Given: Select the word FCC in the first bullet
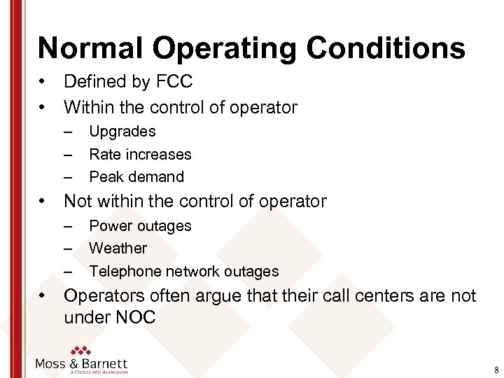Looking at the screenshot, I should coord(175,82).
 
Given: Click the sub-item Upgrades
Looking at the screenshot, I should coord(122,132).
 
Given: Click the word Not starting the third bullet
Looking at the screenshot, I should coord(78,202).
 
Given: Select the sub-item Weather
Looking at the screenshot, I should coord(118,248).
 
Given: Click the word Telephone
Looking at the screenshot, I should coord(126,272).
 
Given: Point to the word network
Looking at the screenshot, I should coord(196,272).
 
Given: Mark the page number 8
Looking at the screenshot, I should coord(496,370).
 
